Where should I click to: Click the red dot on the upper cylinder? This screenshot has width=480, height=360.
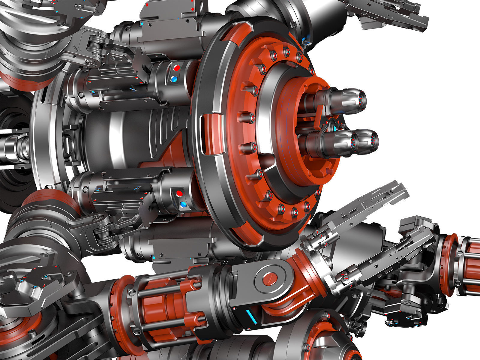click(177, 68)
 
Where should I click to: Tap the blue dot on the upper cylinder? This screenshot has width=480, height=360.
click(174, 79)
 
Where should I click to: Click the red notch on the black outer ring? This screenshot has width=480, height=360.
click(207, 132)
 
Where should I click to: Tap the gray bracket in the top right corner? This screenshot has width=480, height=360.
click(390, 15)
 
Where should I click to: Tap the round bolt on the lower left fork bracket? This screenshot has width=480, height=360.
click(97, 218)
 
